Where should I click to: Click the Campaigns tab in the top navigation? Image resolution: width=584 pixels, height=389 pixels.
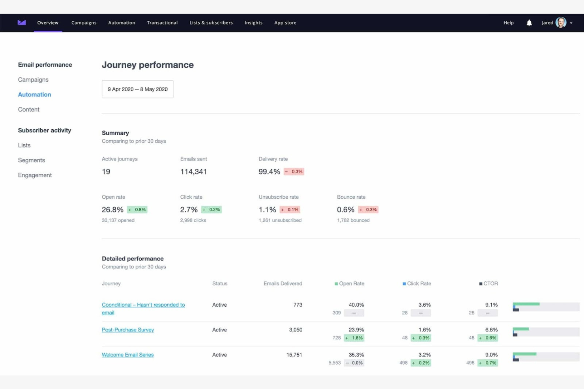84,23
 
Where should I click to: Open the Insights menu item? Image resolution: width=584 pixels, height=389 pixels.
253,23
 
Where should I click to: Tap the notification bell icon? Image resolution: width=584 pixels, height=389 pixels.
529,23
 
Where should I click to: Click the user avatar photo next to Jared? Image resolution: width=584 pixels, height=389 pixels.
561,22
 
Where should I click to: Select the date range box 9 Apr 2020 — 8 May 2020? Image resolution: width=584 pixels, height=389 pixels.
137,89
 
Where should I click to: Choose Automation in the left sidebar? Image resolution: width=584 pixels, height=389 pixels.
34,95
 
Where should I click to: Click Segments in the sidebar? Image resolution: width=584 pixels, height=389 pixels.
32,160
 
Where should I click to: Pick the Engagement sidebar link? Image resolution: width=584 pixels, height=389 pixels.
35,175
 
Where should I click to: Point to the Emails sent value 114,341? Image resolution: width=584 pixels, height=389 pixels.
193,172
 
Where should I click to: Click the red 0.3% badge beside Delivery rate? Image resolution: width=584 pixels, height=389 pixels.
294,171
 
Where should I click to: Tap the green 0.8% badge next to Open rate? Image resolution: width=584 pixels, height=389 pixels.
137,210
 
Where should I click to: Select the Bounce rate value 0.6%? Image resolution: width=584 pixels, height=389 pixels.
346,210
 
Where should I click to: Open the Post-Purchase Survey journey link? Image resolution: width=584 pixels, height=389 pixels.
128,330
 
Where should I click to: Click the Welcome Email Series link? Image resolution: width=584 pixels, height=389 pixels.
127,355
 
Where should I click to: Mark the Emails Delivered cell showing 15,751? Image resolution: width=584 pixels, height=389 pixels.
294,355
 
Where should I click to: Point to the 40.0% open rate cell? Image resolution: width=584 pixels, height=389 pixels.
356,305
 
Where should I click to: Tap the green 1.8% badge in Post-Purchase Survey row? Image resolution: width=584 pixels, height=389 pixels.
354,338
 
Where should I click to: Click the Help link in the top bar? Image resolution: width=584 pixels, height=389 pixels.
508,23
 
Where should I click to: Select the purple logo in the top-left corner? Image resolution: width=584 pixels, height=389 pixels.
22,22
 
